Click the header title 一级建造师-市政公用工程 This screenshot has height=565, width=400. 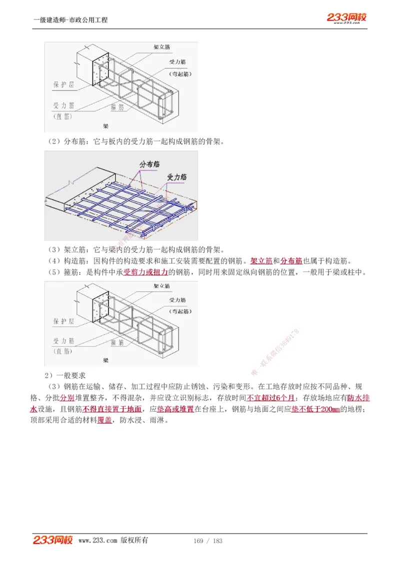pos(70,20)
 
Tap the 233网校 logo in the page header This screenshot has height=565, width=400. pos(346,17)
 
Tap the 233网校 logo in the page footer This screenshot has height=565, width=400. pos(52,540)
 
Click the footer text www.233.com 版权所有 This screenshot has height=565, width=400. pos(113,541)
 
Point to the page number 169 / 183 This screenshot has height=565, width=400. pos(207,541)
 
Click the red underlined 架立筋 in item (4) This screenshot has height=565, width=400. pos(261,261)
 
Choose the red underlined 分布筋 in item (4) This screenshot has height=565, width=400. pos(291,261)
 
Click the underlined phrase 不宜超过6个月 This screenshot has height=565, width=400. pos(270,398)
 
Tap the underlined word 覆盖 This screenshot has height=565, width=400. pos(104,420)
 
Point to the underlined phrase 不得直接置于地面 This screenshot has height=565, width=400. pos(112,409)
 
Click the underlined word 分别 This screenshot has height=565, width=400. pos(67,398)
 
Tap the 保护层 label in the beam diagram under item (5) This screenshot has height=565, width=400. pos(63,322)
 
